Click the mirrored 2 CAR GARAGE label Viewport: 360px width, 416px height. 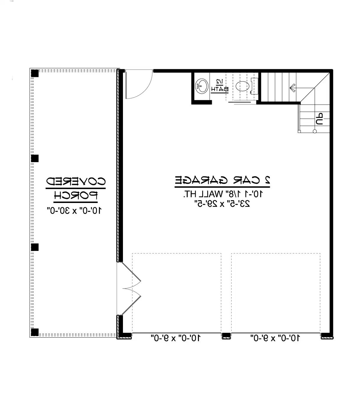click(222, 180)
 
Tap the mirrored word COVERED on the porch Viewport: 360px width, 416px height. click(76, 181)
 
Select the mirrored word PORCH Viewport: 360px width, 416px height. click(76, 196)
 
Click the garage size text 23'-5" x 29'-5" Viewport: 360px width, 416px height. click(222, 204)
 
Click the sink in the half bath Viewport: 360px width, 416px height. click(202, 86)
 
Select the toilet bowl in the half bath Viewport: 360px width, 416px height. click(243, 86)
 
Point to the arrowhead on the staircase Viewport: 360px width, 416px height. click(292, 87)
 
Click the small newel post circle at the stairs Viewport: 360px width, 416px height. click(314, 131)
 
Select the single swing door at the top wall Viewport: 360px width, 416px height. click(138, 84)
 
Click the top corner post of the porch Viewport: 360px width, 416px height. click(35, 73)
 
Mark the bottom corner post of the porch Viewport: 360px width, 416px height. click(35, 332)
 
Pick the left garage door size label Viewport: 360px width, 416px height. click(176, 338)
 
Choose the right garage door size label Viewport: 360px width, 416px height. click(275, 338)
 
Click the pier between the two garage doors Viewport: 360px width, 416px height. click(226, 336)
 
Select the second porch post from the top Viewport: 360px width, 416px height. click(35, 159)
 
